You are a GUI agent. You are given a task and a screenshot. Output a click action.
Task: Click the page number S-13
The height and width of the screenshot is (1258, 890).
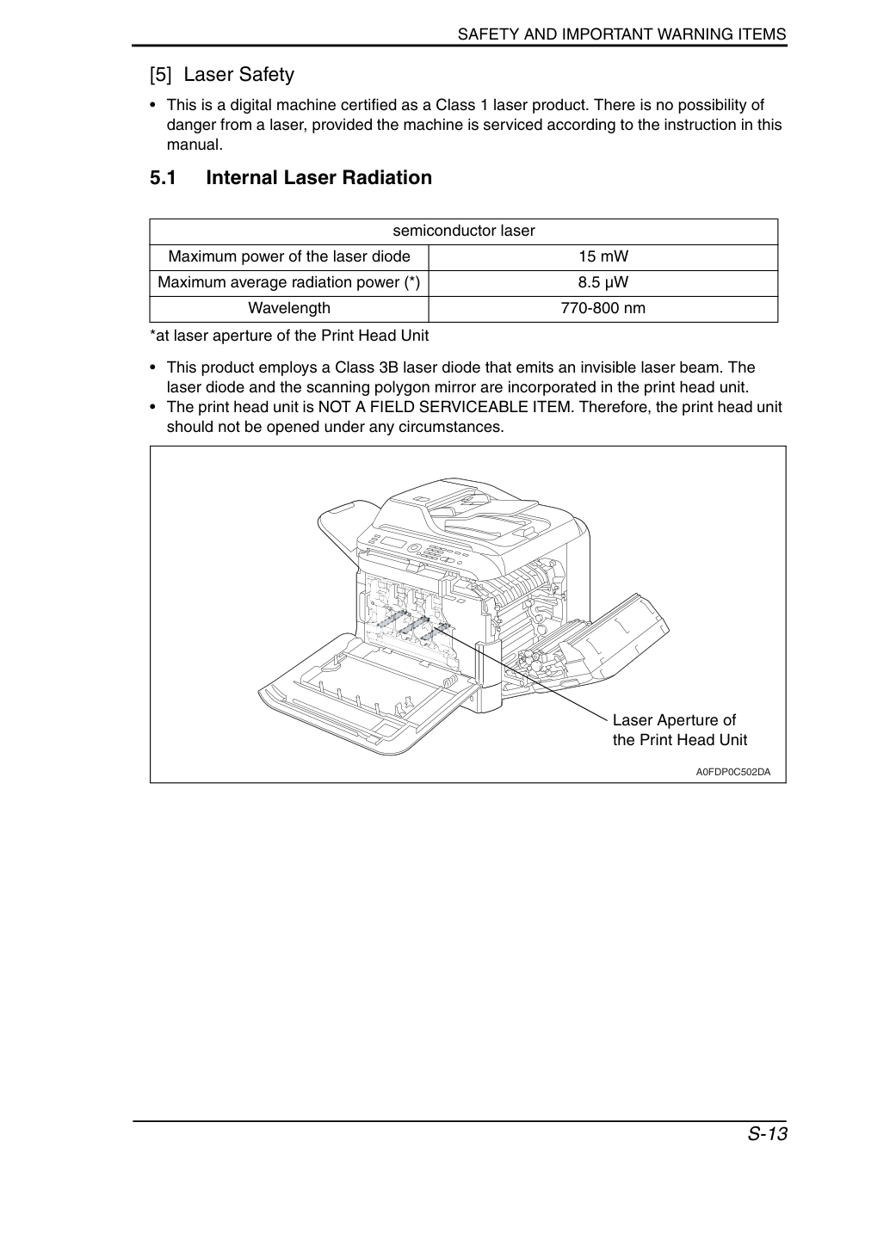coord(767,1134)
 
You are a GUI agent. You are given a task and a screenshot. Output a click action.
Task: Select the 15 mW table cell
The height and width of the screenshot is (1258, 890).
coord(603,256)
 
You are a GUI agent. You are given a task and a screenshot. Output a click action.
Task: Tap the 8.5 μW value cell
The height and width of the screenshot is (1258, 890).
coord(603,282)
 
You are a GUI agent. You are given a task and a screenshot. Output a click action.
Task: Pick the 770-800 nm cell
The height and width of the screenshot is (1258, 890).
coord(603,308)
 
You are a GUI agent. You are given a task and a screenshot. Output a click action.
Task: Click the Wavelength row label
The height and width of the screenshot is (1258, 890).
coord(289,308)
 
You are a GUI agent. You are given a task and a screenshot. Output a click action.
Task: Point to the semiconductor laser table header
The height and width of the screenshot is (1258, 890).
coord(464,231)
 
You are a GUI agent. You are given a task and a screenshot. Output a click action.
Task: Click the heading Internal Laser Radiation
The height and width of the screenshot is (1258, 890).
coord(319,177)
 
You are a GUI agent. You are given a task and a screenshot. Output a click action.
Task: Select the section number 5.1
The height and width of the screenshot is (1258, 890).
coord(163,177)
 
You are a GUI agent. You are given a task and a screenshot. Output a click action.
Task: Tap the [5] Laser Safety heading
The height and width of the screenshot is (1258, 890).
coord(222,75)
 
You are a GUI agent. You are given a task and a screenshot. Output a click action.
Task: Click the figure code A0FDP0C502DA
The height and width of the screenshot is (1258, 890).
coord(733,772)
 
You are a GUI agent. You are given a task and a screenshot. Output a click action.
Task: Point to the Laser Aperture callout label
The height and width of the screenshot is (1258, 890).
coord(680,730)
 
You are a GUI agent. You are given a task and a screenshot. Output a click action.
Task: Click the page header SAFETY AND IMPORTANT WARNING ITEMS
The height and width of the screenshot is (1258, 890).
coord(622,34)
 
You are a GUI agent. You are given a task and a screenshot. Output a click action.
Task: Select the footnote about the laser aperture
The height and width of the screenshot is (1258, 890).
coord(289,336)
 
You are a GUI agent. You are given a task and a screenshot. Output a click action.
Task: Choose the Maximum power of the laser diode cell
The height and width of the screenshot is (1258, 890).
coord(289,256)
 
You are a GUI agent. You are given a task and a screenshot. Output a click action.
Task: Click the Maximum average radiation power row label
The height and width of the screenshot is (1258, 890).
coord(289,282)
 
